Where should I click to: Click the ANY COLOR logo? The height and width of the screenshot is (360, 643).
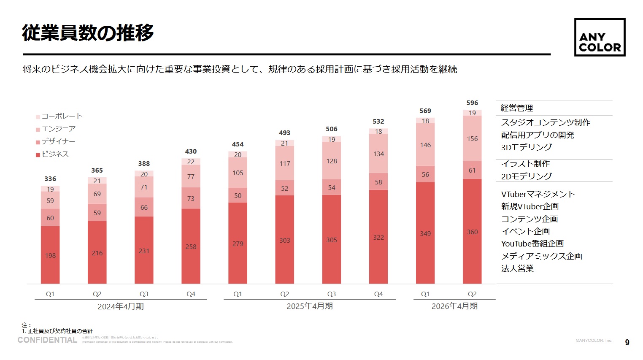point(600,37)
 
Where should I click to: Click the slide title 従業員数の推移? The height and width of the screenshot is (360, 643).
point(88,33)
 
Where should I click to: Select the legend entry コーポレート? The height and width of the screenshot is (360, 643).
point(62,116)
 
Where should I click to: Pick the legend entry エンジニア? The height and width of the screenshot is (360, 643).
point(58,129)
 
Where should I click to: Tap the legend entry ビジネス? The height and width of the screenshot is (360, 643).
point(55,154)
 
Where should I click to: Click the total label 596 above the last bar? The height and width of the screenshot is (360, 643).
point(472,103)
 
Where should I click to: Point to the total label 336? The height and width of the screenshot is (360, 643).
point(50,179)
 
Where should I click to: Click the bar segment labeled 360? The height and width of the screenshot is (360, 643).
point(472,232)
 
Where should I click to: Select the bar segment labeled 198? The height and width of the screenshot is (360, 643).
point(50,255)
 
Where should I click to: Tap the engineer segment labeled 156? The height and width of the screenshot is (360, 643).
point(472,138)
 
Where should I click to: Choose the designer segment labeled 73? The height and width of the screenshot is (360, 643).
point(191,198)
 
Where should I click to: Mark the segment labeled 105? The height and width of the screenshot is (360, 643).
point(238,173)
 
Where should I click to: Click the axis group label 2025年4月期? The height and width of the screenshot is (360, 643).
point(310,306)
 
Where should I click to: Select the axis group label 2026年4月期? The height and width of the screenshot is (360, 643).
point(454,306)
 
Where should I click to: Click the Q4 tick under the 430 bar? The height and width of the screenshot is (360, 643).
point(191,294)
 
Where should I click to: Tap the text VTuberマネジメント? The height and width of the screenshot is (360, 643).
point(538,194)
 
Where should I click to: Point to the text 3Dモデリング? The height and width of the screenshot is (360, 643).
point(526,147)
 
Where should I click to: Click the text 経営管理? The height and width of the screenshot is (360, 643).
point(517,108)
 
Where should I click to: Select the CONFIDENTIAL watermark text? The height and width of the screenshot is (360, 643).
point(47,340)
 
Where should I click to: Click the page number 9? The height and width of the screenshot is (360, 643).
point(627,342)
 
